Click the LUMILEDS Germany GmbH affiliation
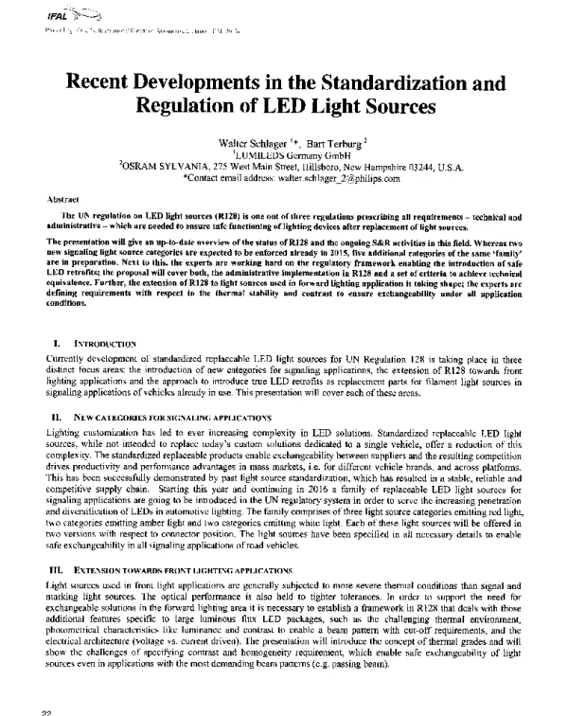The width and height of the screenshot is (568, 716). click(284, 152)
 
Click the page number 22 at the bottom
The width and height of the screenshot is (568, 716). click(38, 710)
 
